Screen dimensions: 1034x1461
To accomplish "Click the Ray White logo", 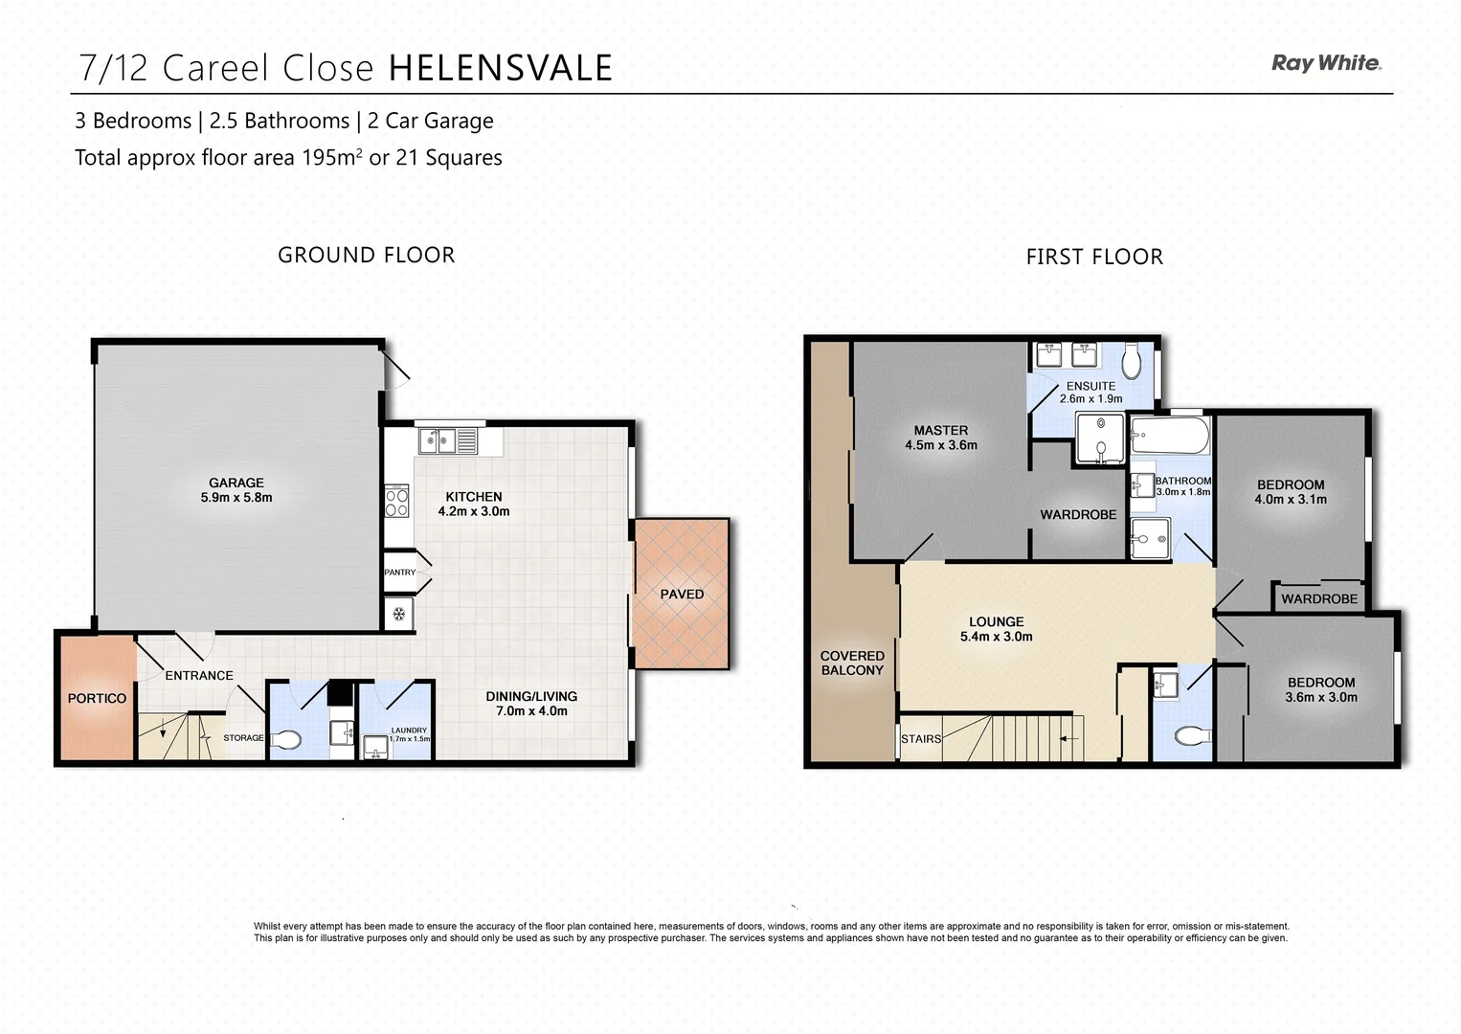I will click(1326, 63).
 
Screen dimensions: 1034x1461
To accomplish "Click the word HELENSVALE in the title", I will click(500, 68).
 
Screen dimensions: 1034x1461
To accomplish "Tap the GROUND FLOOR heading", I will click(366, 255).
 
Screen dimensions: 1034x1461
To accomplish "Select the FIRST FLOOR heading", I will click(1094, 257).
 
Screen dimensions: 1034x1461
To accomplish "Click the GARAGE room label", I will click(236, 483).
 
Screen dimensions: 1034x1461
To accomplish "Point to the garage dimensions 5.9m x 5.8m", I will click(236, 498).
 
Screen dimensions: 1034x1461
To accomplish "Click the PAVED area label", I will click(682, 594).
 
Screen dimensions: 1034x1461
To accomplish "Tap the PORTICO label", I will click(97, 698).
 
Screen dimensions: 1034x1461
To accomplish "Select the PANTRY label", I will click(400, 573).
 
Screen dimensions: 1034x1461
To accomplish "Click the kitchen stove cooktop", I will click(396, 502).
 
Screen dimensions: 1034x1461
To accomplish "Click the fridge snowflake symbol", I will click(398, 614).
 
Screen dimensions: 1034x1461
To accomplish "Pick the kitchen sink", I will click(438, 441).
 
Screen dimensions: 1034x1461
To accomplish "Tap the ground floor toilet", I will click(286, 739).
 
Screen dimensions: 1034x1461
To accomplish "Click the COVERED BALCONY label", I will click(852, 663).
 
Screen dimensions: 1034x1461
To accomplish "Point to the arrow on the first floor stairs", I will click(1069, 739).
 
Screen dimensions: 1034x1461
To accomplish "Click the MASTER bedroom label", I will click(940, 431).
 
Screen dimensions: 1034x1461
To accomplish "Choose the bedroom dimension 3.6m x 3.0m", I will click(1321, 697).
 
